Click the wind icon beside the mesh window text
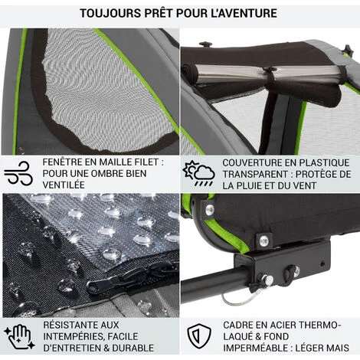pyautogui.click(x=18, y=173)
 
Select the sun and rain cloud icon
pyautogui.click(x=198, y=173)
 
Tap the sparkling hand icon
pyautogui.click(x=19, y=336)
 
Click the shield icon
pyautogui.click(x=199, y=336)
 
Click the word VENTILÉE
pyautogui.click(x=64, y=185)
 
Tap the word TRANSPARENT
pyautogui.click(x=258, y=175)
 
